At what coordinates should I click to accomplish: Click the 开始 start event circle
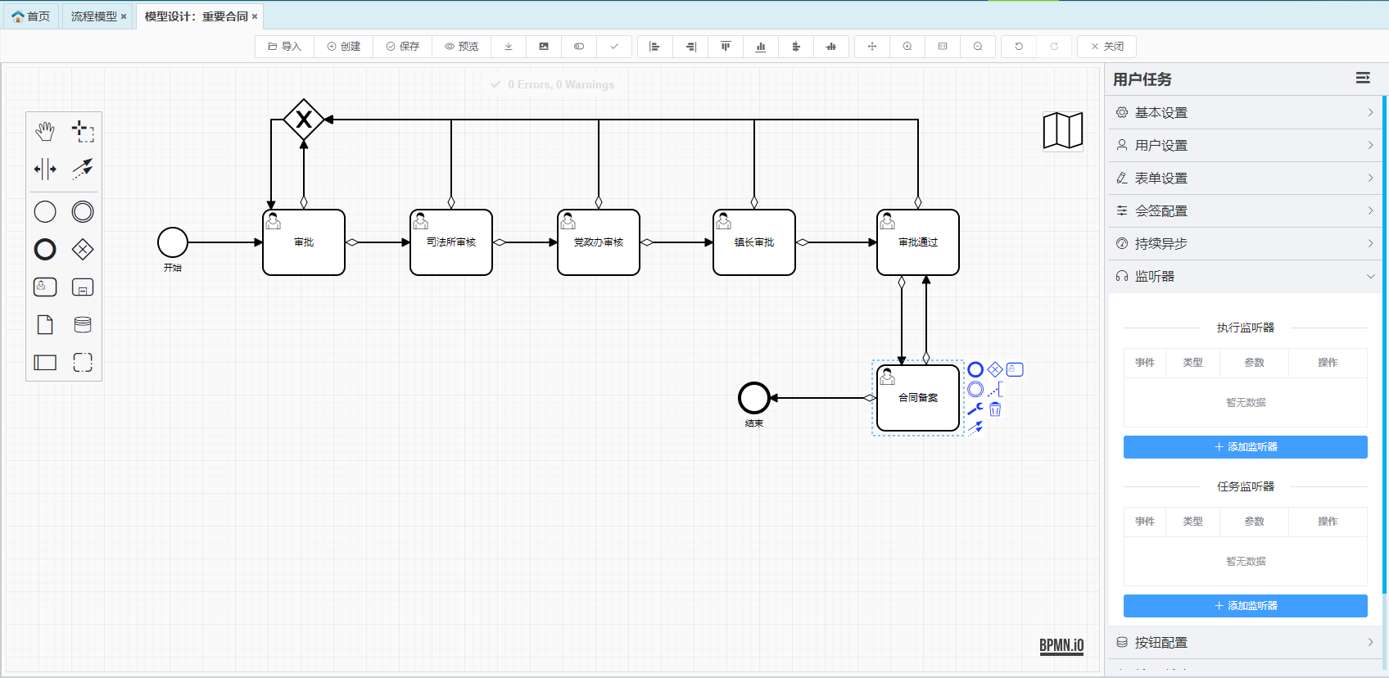173,242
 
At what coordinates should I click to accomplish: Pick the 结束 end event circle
754,398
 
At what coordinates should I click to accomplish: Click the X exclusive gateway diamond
304,120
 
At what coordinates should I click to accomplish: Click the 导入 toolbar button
284,47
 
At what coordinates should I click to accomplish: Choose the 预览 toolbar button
461,47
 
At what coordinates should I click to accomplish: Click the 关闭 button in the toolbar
1106,47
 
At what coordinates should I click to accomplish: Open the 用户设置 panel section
1245,145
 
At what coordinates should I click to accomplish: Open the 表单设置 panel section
1245,178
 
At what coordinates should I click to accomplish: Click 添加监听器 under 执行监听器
1245,447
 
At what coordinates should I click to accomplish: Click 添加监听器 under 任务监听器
1245,606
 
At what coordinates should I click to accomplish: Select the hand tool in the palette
45,131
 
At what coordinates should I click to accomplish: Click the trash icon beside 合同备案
995,409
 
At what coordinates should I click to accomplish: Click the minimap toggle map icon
1063,131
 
